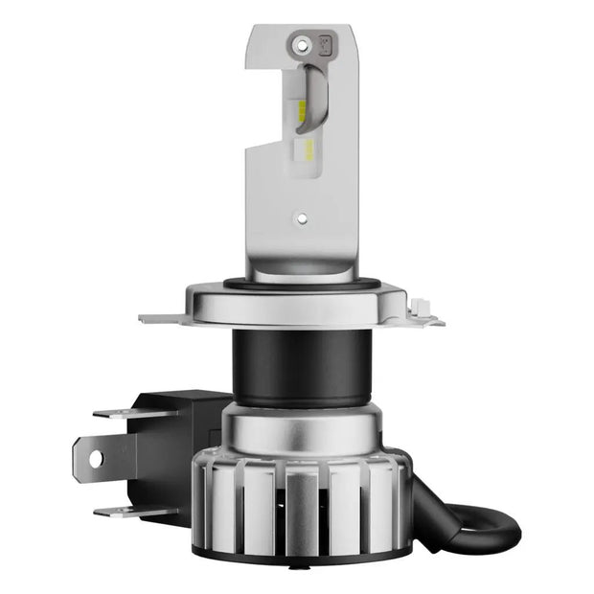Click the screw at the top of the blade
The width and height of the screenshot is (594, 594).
303,43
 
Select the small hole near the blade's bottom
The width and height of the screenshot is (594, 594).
303,217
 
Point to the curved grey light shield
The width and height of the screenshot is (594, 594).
316,96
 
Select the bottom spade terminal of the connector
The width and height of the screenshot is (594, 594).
125,510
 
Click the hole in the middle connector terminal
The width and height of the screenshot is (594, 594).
96,459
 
